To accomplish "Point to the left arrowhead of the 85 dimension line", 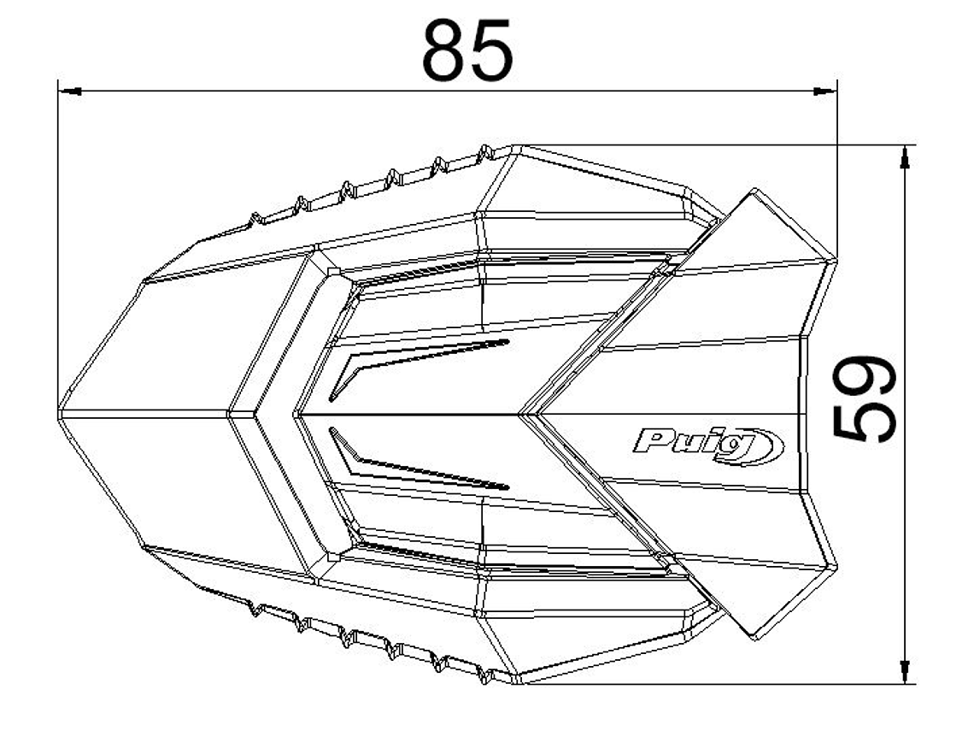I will tap(68, 90).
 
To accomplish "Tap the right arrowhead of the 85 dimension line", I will tap(826, 90).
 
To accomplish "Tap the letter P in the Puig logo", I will tap(650, 443).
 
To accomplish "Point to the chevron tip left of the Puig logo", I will tap(525, 414).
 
